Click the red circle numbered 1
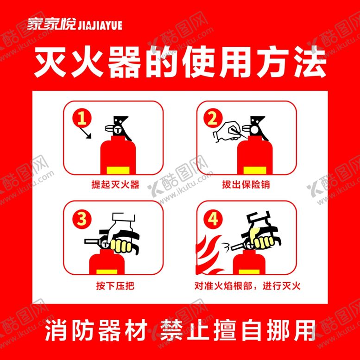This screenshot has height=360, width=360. (82, 119)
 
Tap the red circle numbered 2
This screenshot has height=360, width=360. (213, 119)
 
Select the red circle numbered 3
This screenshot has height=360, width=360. (82, 219)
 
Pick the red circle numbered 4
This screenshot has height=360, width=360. (213, 219)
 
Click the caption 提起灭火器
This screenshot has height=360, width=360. (115, 184)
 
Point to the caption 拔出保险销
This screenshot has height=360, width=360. (246, 184)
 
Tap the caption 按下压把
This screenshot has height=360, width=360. (115, 286)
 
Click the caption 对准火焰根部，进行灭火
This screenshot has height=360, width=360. (247, 286)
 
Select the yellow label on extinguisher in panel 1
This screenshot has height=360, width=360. (118, 171)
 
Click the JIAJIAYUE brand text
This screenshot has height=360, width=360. (100, 25)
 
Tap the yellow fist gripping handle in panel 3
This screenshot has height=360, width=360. (120, 246)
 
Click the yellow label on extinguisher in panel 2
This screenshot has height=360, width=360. (255, 171)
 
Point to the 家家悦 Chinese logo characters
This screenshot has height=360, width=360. (51, 24)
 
